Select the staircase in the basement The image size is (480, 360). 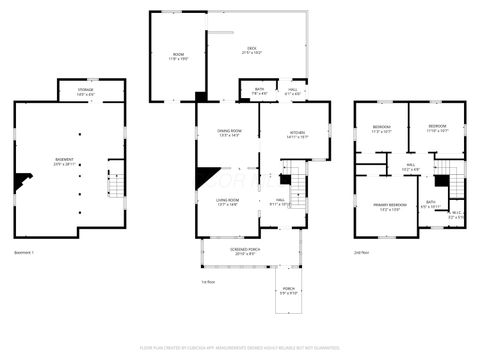click(114, 185)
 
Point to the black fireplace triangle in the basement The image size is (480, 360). click(21, 182)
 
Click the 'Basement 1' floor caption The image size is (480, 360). click(24, 252)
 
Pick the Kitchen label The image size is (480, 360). click(297, 132)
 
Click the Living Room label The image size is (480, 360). click(228, 202)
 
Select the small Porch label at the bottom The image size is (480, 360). click(288, 292)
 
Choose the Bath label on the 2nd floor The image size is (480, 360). click(430, 203)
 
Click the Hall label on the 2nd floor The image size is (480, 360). click(410, 167)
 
